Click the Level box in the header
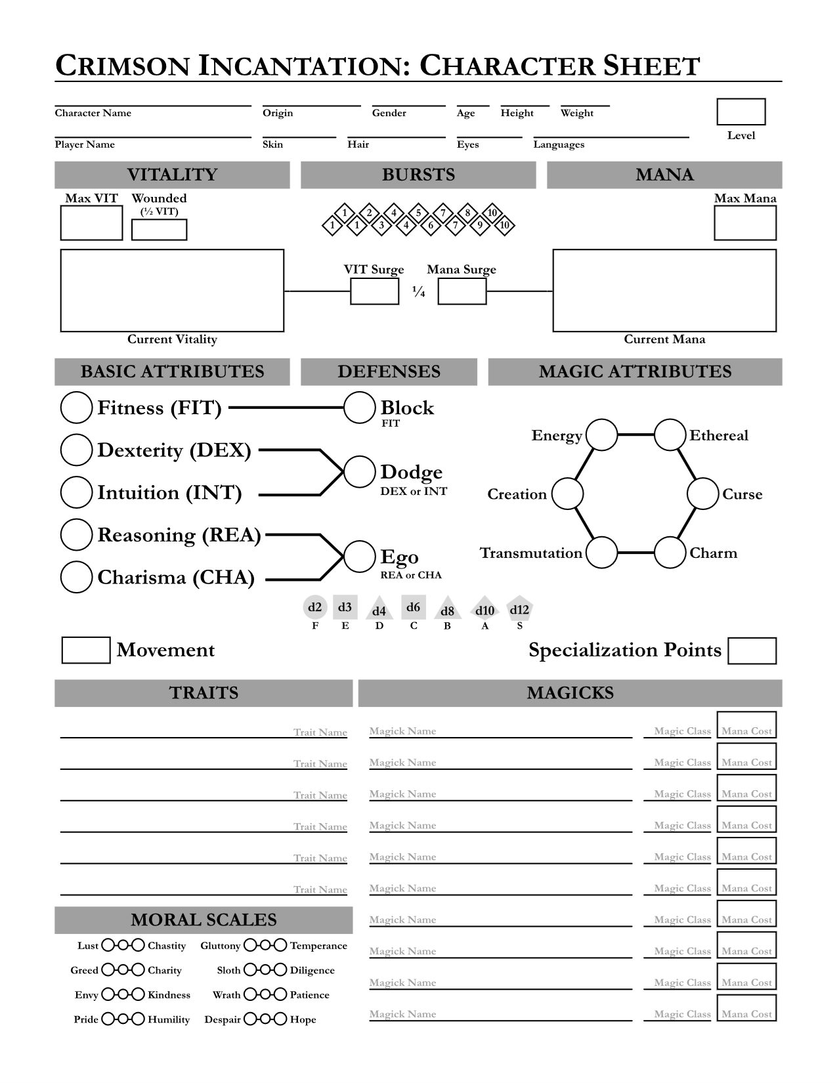coord(740,112)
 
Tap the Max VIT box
coord(91,223)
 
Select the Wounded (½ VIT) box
coord(159,230)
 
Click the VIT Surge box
coord(374,291)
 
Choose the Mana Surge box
coord(462,291)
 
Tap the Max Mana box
coord(745,223)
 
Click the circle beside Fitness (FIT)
coord(76,408)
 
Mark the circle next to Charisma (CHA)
coord(76,578)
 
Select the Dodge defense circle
coord(359,472)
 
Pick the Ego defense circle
coord(359,557)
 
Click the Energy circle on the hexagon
coord(601,435)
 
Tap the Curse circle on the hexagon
coord(703,494)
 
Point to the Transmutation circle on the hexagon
coord(601,553)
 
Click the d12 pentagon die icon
coord(519,610)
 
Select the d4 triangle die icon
coord(379,609)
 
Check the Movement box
coord(86,650)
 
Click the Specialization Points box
coord(752,650)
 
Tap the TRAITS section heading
coord(204,693)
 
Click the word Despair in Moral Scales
coord(223,1019)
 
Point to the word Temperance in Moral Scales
coord(318,946)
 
